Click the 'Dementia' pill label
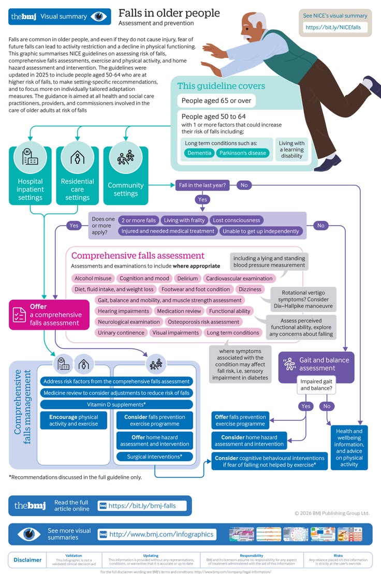click(199, 153)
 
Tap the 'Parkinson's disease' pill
click(243, 153)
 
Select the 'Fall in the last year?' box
click(202, 185)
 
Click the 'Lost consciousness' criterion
click(237, 220)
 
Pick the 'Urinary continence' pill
click(121, 333)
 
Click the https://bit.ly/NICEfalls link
click(333, 27)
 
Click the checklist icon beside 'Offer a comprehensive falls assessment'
click(19, 315)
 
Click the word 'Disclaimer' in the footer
click(27, 560)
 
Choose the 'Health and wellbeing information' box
click(349, 448)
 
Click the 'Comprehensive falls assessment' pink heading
click(138, 256)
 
